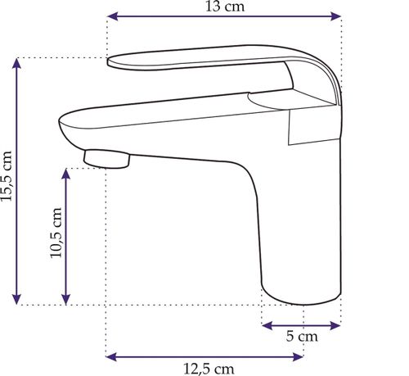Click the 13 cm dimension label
(x=225, y=7)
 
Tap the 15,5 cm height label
(x=7, y=176)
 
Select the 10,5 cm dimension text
(x=56, y=233)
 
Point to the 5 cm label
(x=302, y=336)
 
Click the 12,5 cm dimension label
(x=209, y=369)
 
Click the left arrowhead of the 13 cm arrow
(x=113, y=16)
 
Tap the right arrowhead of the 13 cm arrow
(x=335, y=16)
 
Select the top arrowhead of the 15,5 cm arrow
(x=17, y=64)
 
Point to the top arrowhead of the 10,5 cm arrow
(x=66, y=174)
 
